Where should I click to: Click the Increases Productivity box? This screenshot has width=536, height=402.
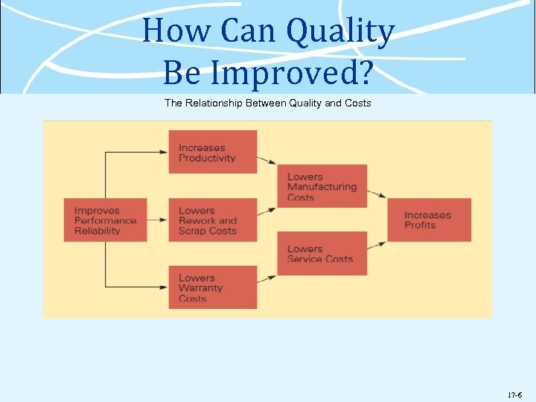tap(212, 152)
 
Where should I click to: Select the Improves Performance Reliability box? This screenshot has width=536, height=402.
tap(105, 220)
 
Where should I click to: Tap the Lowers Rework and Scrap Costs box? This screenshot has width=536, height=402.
tap(212, 220)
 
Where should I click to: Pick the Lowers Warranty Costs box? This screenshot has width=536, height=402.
tap(212, 287)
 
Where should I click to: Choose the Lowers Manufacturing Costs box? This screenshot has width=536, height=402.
tap(322, 186)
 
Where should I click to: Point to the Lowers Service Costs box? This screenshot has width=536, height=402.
tap(322, 253)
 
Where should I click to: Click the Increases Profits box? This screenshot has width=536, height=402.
tap(429, 220)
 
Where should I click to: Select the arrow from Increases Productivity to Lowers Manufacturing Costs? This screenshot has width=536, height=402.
tap(267, 160)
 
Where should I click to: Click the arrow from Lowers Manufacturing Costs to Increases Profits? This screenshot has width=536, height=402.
tap(377, 195)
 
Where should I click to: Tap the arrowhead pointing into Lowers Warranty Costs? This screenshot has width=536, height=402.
tap(164, 287)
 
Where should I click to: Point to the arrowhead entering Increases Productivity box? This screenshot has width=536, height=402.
tap(164, 152)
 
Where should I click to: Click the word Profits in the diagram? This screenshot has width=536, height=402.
tap(420, 225)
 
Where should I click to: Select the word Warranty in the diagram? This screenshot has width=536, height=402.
tap(200, 288)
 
